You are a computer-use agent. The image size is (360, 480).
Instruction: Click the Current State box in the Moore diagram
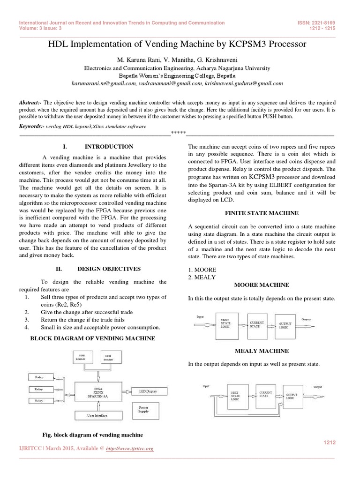[257, 324]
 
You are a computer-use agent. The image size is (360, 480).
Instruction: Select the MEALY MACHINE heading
[265, 351]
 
